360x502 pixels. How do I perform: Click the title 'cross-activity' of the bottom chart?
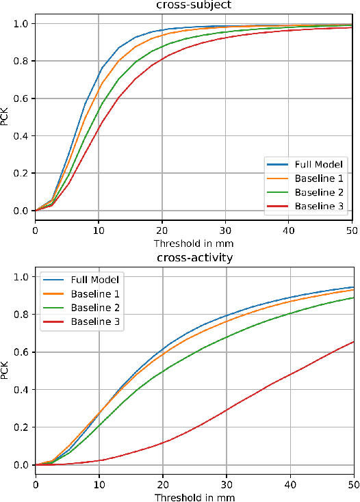tap(194, 259)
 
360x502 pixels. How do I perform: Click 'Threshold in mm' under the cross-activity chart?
tap(194, 496)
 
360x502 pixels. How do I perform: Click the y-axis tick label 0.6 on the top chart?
tap(21, 98)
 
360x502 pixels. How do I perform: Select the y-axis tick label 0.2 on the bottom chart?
tap(21, 427)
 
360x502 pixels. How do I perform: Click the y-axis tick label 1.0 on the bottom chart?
tap(21, 277)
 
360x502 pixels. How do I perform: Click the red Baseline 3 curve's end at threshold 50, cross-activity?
tap(353, 341)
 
